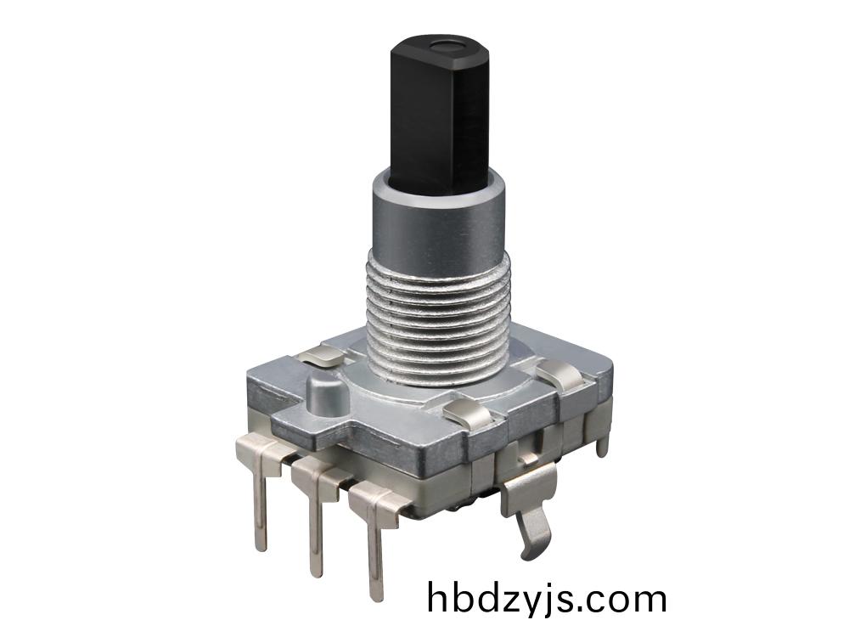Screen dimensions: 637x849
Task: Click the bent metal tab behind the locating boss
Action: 323,354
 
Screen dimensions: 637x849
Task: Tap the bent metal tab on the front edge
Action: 466,414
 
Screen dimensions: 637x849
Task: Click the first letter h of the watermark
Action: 437,597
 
